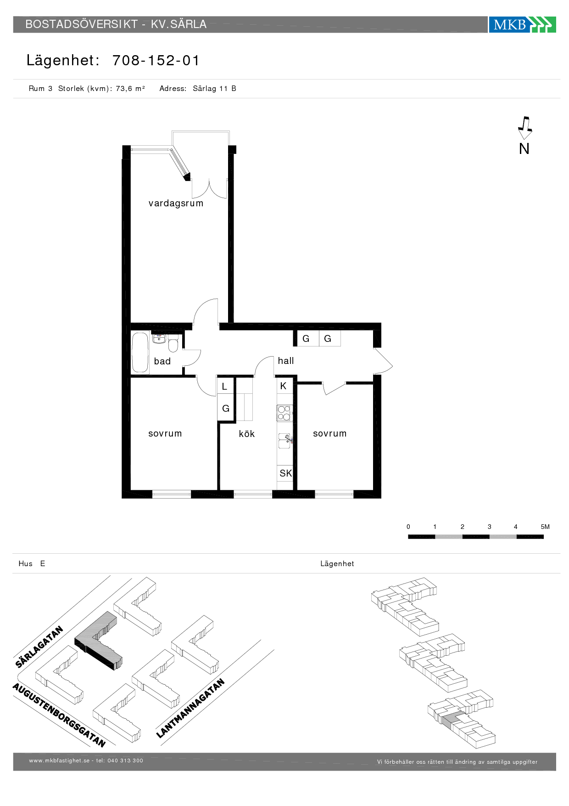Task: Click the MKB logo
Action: [x=522, y=24]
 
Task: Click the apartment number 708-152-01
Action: [x=156, y=60]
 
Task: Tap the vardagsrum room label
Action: [x=176, y=203]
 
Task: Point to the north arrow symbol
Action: [x=524, y=128]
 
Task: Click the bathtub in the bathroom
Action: [x=140, y=352]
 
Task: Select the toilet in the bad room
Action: [x=173, y=343]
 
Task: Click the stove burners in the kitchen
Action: [x=284, y=413]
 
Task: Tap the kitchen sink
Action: [x=284, y=441]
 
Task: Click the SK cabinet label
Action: [x=285, y=473]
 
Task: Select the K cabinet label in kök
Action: [x=283, y=386]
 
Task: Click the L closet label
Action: [x=224, y=386]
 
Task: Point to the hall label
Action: [x=286, y=361]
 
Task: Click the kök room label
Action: [x=247, y=434]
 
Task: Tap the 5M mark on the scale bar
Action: [x=545, y=527]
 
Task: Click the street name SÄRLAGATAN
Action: [x=39, y=647]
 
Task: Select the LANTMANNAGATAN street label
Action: [x=190, y=708]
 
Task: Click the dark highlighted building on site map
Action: [x=98, y=641]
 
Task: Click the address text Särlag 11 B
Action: [x=214, y=89]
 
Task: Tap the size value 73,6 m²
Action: [x=130, y=89]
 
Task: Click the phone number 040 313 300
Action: [x=125, y=761]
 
